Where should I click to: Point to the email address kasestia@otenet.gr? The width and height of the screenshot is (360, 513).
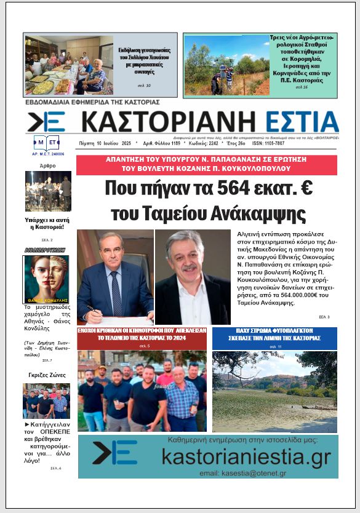(x=244, y=472)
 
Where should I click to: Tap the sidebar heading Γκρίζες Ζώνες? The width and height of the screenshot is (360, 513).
(x=47, y=375)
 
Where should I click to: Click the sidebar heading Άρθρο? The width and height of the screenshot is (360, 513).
(x=47, y=165)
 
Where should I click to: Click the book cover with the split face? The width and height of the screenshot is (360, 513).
(x=47, y=279)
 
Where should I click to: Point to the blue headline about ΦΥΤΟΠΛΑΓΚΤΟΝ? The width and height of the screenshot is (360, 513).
(x=274, y=338)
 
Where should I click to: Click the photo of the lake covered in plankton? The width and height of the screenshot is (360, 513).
(x=274, y=391)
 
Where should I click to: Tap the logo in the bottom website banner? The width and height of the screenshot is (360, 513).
(x=115, y=453)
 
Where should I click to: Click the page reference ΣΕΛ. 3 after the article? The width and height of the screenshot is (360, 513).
(x=324, y=317)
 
